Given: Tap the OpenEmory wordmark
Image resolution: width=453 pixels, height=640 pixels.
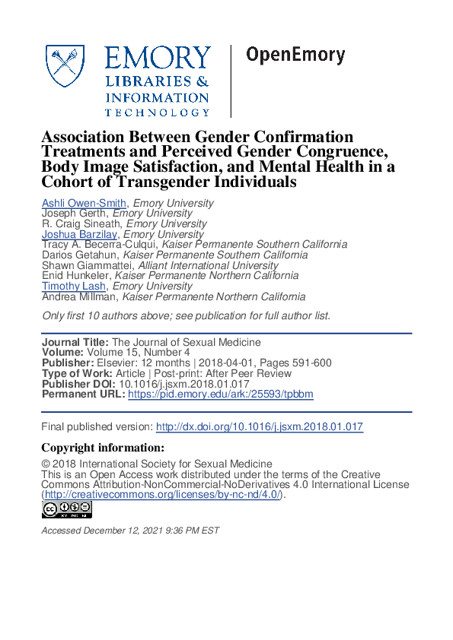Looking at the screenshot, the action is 295,55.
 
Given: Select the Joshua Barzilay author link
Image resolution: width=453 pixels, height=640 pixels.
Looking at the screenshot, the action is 80,235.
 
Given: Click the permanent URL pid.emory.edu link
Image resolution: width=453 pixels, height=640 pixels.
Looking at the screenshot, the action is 221,394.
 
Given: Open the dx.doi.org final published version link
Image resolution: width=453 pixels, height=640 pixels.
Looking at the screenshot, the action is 259,427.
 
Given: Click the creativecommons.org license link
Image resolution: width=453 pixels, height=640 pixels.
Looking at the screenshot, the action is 162,495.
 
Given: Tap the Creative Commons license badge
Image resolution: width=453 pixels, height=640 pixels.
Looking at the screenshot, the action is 67,510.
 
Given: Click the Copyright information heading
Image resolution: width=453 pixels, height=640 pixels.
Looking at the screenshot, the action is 103,448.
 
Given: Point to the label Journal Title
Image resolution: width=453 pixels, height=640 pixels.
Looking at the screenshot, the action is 75,342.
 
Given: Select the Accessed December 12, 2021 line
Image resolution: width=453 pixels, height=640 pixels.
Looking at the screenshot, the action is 130,531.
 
